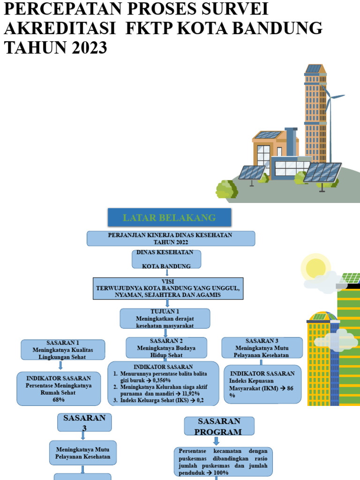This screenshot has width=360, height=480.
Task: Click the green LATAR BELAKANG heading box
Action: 169,217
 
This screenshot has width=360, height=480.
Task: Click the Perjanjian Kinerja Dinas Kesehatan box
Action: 171,238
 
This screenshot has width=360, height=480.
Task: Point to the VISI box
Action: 167,288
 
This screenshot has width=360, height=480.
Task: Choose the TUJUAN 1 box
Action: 165,318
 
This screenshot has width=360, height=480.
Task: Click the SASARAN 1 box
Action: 63,350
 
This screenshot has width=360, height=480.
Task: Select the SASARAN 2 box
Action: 166,348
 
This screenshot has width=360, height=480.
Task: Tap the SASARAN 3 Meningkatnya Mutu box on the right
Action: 262,348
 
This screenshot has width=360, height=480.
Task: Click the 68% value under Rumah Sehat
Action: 58,400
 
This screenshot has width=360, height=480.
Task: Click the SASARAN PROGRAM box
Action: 218,426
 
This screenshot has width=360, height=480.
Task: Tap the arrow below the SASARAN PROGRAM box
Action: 216,441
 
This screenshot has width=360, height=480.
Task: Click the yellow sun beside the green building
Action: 315,268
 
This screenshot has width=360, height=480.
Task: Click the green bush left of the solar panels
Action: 226,188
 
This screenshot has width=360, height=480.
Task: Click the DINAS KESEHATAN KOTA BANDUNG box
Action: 167,259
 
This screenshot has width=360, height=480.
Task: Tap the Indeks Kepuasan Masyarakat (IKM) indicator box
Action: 262,384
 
